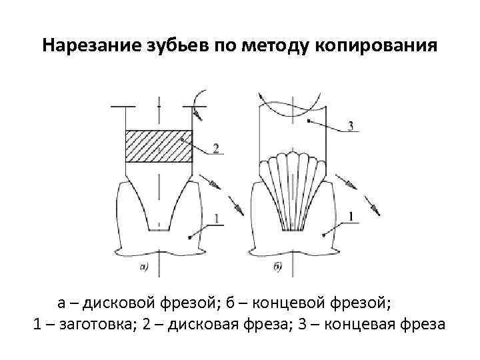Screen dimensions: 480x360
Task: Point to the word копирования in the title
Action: click(377, 47)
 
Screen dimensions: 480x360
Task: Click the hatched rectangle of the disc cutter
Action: click(159, 146)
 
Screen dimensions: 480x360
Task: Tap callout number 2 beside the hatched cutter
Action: click(215, 149)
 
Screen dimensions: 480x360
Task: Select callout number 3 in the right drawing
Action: click(350, 127)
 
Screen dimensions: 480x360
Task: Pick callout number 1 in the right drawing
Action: click(351, 215)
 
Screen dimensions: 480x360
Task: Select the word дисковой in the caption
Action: click(121, 304)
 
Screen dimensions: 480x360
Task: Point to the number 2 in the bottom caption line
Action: click(154, 325)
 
